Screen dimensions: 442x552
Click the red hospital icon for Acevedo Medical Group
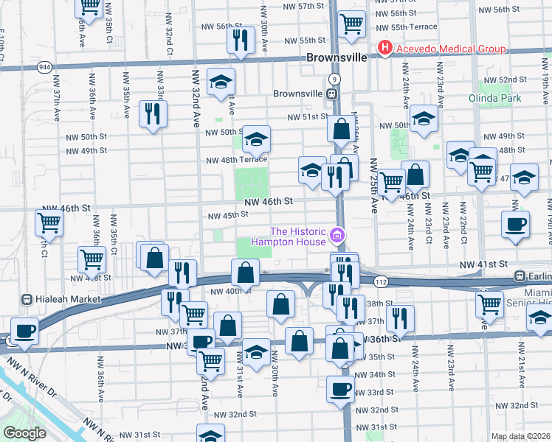(384, 49)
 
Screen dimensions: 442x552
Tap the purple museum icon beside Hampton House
(337, 236)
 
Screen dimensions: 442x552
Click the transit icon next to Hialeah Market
(27, 299)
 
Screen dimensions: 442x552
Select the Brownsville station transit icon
(332, 94)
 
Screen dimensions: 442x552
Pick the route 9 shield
(334, 78)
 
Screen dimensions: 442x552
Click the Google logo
(24, 433)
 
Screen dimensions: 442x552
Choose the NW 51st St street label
(307, 116)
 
